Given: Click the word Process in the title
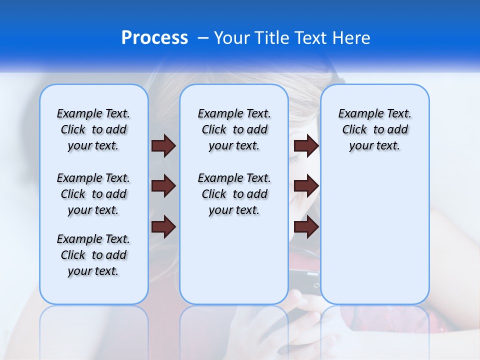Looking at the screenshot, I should tap(154, 37).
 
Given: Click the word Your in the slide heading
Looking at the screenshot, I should tap(232, 38).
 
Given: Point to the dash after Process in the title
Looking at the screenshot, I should tap(202, 38).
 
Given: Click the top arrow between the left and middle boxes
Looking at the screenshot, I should tap(163, 145).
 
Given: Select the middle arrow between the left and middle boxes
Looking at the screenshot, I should tap(163, 186).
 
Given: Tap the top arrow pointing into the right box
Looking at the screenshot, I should tap(306, 145).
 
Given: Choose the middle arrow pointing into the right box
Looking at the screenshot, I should tap(306, 186).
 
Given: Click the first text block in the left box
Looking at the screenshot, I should tap(93, 129).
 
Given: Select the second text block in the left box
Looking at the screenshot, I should tap(93, 194).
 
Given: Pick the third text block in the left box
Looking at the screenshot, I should tap(93, 255).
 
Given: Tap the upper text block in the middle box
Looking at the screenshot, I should tap(234, 129).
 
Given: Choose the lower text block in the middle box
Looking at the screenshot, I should tap(234, 194).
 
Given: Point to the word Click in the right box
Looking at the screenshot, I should tap(354, 130).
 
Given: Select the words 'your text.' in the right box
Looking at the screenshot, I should tap(374, 146).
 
